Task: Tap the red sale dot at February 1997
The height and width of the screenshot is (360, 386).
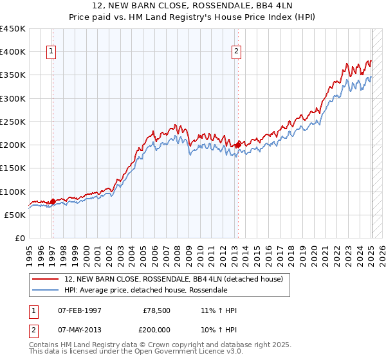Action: point(53,201)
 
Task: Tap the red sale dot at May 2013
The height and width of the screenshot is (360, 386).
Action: point(238,145)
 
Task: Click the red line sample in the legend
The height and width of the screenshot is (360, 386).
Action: point(46,279)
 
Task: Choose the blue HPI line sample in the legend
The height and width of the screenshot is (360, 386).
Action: point(46,290)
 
